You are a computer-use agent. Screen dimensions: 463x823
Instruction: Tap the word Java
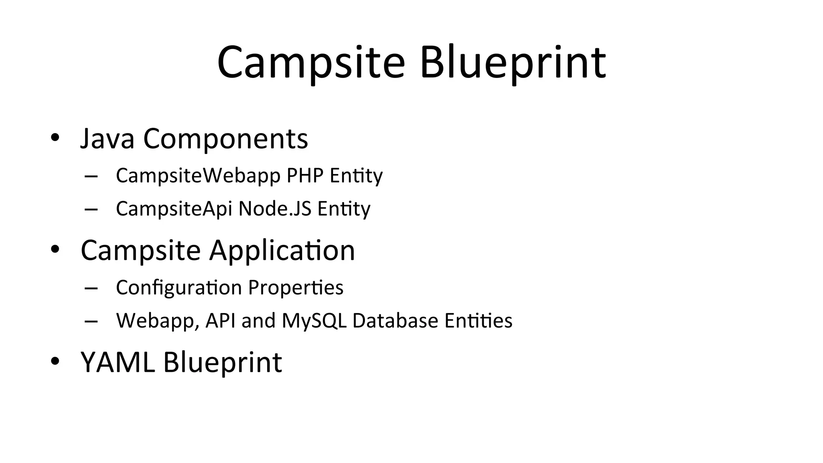(107, 139)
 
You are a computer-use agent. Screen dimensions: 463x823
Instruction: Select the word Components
(225, 139)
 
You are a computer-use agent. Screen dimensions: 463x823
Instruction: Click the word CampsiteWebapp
(198, 176)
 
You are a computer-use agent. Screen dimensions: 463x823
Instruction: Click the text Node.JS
(275, 209)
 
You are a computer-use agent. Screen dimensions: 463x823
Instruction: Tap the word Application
(282, 250)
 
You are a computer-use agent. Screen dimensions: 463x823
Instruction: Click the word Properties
(296, 287)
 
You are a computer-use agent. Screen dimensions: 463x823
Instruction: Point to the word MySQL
(314, 321)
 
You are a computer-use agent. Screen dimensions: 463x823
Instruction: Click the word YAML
(118, 362)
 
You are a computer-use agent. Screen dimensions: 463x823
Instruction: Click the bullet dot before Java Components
(55, 138)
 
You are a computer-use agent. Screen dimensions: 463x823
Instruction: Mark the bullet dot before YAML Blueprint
(55, 361)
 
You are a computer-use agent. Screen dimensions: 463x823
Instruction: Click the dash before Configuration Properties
(92, 288)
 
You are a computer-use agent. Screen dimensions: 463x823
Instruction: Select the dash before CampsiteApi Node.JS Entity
(92, 209)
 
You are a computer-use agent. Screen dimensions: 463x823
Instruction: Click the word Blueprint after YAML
(223, 362)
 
